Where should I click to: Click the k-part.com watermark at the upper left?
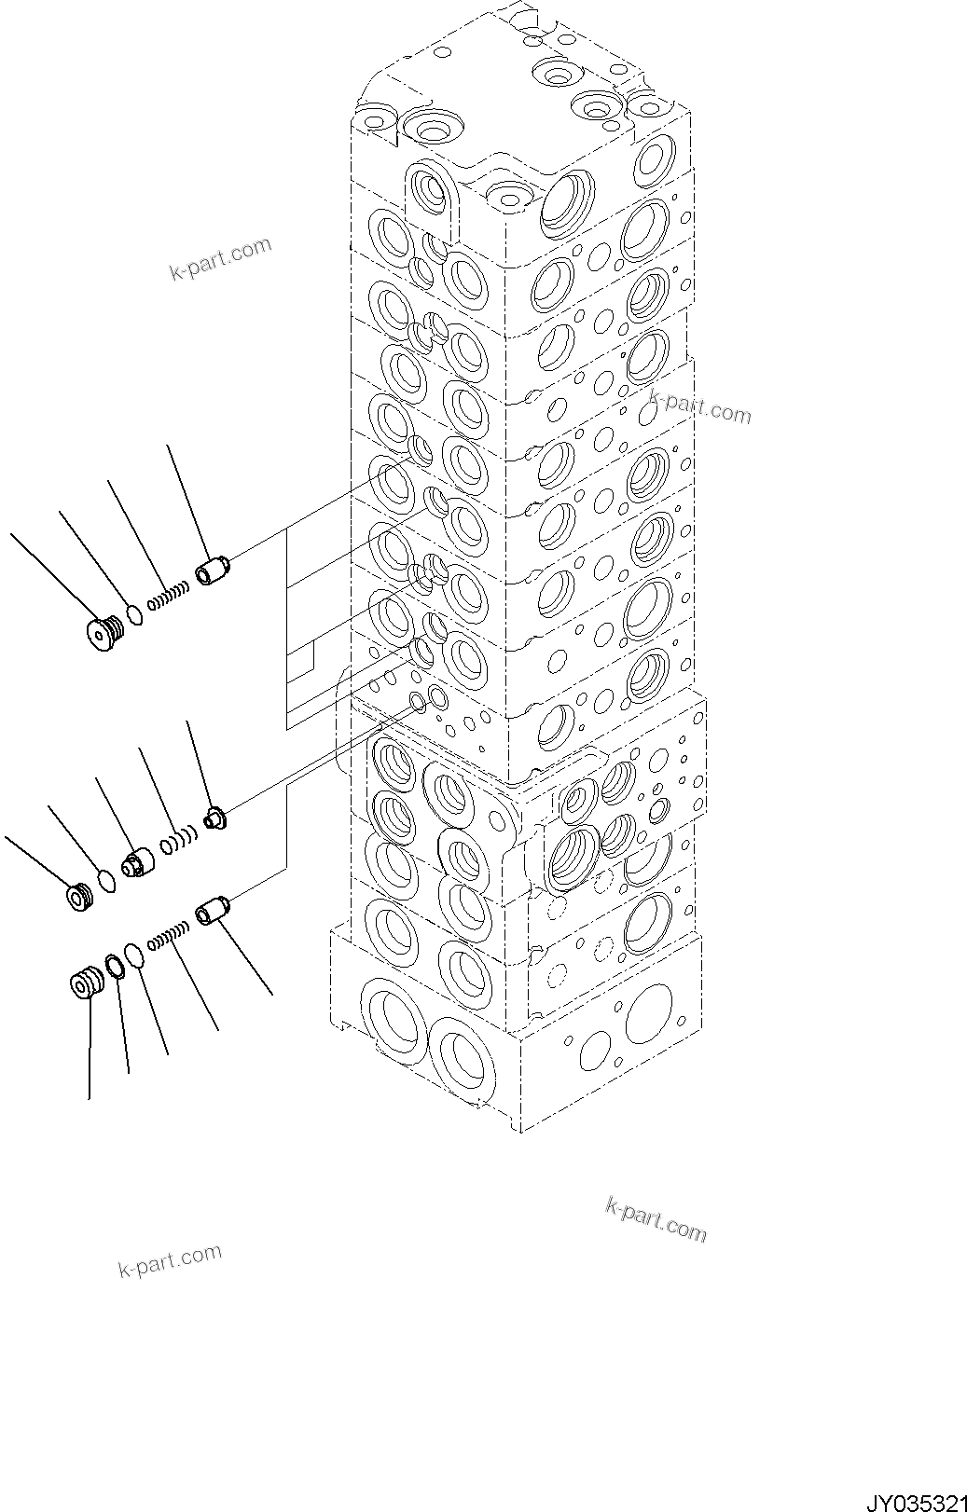(220, 258)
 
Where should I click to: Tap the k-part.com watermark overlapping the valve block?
(699, 406)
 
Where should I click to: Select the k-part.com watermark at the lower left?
(170, 1261)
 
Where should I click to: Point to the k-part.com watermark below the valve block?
(656, 1219)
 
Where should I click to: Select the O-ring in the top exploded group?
(134, 615)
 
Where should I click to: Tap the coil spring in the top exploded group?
(170, 594)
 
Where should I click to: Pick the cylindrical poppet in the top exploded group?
(213, 570)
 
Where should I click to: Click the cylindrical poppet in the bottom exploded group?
(213, 909)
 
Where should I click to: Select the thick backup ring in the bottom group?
(114, 968)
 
